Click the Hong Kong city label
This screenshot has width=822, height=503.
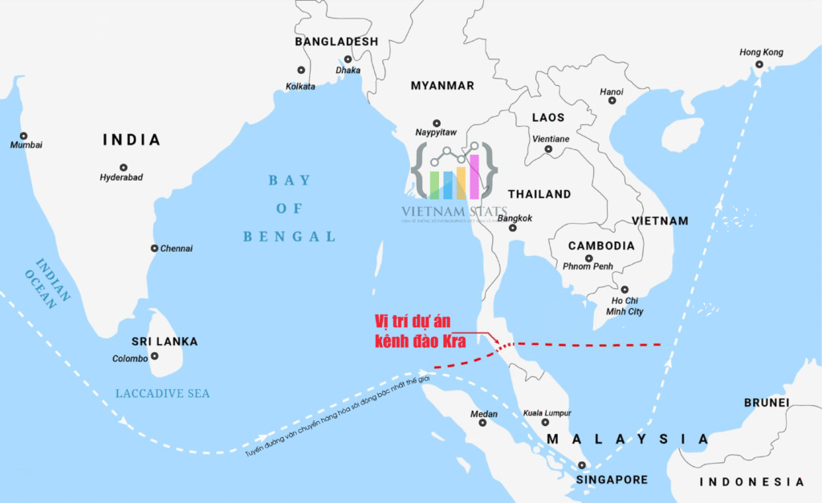(x=761, y=53)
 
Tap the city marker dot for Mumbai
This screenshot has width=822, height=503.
(x=23, y=136)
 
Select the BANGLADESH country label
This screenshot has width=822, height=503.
(x=336, y=42)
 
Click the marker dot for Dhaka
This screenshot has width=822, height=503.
(x=348, y=59)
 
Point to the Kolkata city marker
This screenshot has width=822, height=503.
(x=301, y=71)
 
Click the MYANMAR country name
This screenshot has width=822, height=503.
(x=442, y=86)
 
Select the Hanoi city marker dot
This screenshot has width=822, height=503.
(x=612, y=100)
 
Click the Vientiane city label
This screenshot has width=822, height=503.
(x=551, y=139)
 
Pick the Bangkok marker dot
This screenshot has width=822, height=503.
(x=513, y=228)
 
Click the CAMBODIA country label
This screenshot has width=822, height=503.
(x=601, y=246)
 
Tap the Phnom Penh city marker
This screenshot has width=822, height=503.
(x=589, y=258)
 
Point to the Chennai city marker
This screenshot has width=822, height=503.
(x=154, y=249)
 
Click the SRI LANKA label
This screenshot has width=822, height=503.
(x=165, y=342)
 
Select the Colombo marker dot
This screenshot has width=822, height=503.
(x=154, y=356)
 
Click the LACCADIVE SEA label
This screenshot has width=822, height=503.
(x=162, y=393)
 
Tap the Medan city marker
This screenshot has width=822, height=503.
(x=482, y=423)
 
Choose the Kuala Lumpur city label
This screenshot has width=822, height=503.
(x=547, y=413)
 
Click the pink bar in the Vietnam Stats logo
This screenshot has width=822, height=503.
(x=474, y=176)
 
